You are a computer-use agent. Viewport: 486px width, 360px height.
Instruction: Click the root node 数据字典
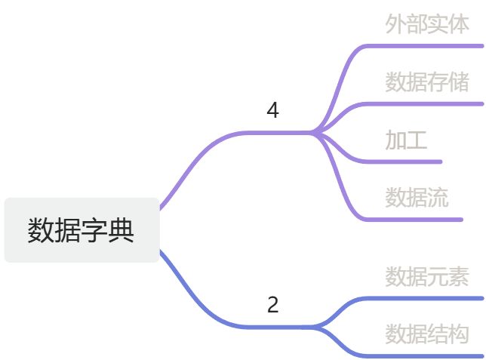[x=82, y=230]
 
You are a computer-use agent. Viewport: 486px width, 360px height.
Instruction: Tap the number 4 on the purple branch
[x=273, y=111]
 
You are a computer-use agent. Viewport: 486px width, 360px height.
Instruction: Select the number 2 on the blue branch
[x=273, y=306]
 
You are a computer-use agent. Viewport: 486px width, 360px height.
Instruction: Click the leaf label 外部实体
[x=427, y=24]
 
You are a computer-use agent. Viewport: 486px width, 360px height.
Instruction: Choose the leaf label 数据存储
[x=427, y=82]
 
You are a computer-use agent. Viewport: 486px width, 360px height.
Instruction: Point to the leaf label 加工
[x=406, y=140]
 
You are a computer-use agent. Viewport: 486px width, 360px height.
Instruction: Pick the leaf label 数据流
[x=417, y=198]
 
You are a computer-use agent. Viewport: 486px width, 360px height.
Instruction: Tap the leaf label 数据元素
[x=427, y=277]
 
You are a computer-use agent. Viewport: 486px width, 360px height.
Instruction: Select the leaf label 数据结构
[x=427, y=334]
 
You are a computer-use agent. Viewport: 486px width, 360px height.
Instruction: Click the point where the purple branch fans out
[x=314, y=133]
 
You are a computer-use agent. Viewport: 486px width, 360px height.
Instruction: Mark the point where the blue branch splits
[x=314, y=327]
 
